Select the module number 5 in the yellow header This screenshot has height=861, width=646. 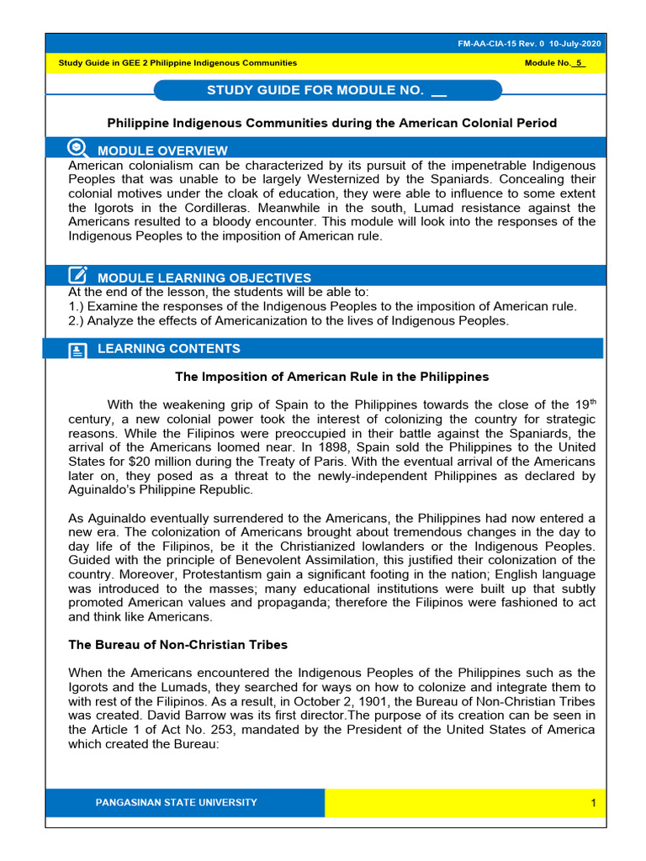[577, 63]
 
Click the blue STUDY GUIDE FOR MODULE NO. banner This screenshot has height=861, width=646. [328, 90]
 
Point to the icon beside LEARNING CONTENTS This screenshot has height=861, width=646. [77, 350]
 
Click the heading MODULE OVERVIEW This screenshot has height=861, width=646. [162, 151]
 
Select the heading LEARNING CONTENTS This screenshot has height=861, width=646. [168, 349]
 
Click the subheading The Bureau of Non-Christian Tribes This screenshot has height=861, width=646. [177, 645]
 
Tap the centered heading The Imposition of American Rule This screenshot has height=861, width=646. [331, 377]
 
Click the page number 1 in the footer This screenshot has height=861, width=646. [593, 803]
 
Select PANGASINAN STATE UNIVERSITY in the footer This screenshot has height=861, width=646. [177, 802]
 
